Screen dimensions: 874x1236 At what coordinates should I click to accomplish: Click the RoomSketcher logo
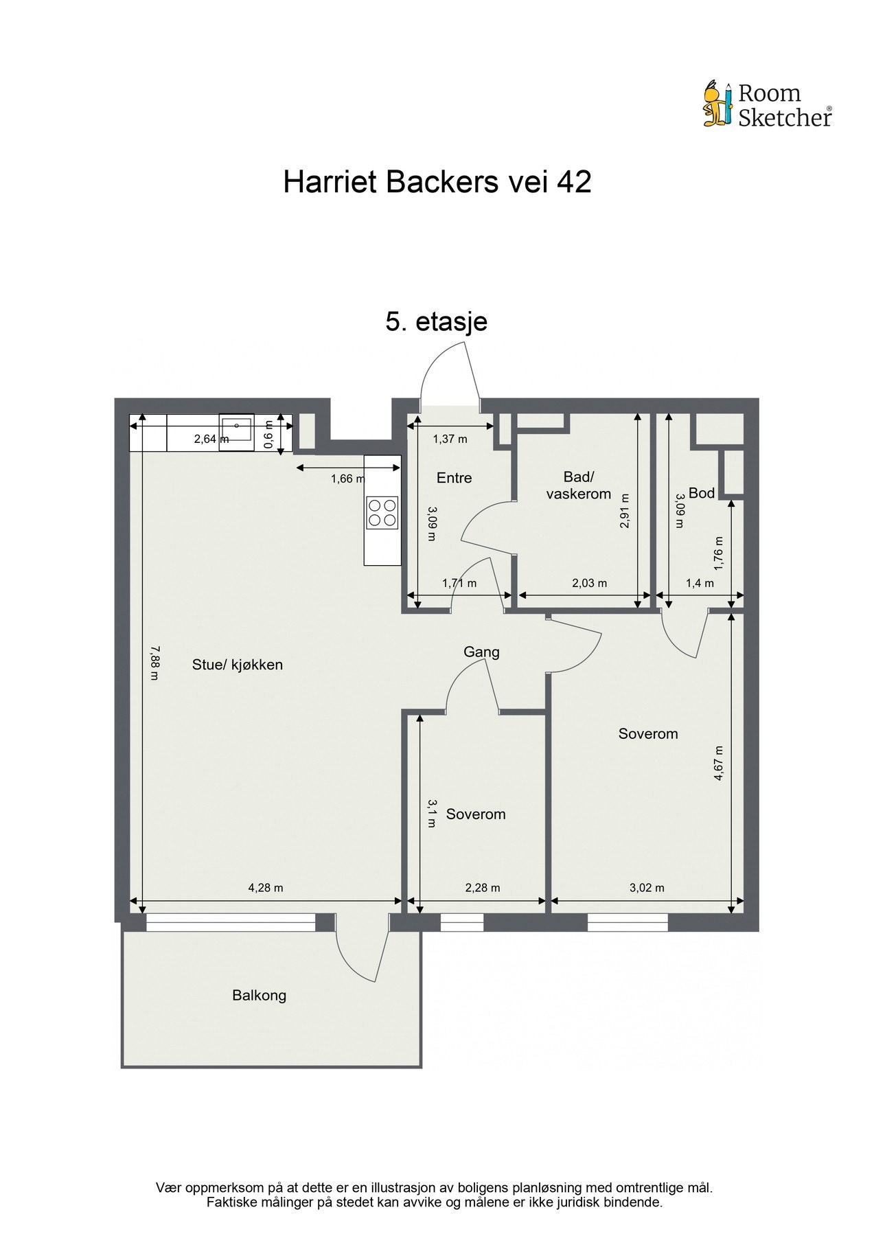click(768, 104)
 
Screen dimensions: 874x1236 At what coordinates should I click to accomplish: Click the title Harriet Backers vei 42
click(437, 183)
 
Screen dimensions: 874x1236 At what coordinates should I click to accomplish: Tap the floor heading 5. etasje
click(437, 321)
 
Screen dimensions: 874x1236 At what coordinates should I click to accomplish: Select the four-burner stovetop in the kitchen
click(382, 512)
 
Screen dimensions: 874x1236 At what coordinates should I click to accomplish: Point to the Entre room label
click(454, 478)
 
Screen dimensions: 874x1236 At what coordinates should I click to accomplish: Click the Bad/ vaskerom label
click(578, 485)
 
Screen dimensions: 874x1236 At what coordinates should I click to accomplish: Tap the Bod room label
click(702, 492)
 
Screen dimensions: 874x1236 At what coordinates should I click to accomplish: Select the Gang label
click(481, 652)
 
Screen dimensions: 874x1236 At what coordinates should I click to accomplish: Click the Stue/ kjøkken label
click(238, 665)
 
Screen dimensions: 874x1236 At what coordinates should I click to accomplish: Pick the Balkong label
click(259, 995)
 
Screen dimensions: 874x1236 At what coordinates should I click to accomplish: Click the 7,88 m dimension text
click(155, 662)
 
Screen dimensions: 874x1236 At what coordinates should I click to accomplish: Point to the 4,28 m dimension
click(266, 888)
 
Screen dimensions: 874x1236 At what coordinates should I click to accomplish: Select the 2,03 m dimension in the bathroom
click(590, 584)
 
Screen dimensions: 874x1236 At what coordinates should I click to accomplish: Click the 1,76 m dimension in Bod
click(718, 553)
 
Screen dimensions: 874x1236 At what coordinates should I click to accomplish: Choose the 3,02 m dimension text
click(647, 888)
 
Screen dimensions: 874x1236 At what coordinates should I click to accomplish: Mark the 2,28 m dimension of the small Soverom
click(483, 888)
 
